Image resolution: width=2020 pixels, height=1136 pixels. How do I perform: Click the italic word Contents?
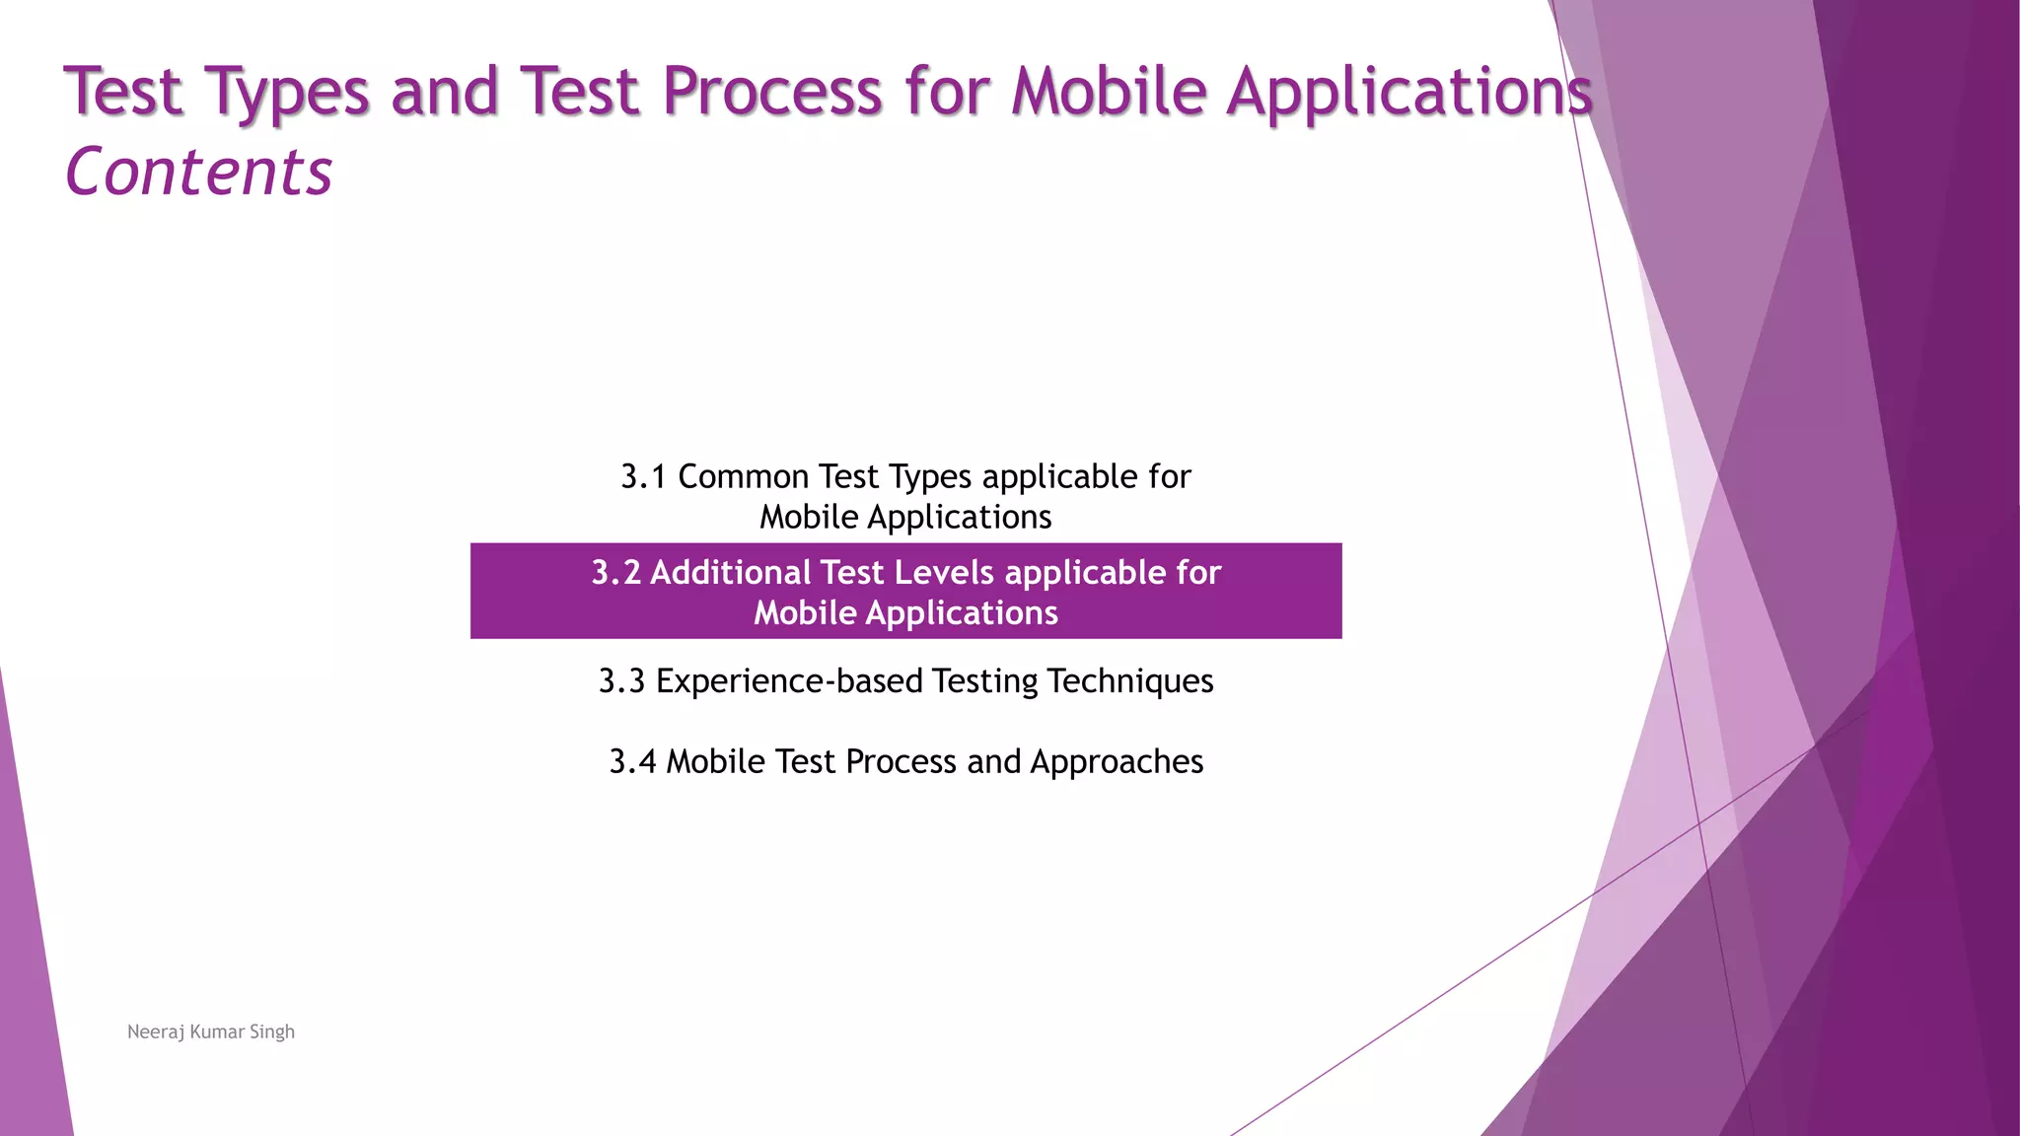[x=198, y=173]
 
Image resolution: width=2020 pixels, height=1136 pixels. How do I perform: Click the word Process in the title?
[x=771, y=92]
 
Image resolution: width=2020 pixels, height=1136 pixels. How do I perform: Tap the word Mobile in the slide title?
[x=1109, y=92]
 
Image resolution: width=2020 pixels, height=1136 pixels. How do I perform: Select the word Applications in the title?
[x=1408, y=92]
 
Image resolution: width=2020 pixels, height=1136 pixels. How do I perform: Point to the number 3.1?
[x=643, y=477]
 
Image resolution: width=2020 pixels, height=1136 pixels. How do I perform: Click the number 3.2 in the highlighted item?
[x=615, y=573]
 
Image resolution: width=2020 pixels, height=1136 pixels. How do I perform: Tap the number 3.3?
[x=621, y=681]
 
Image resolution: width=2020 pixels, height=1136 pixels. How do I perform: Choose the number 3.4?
[x=632, y=762]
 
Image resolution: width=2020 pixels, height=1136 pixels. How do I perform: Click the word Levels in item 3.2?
[x=938, y=573]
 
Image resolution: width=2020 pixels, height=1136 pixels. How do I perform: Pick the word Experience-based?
[x=789, y=681]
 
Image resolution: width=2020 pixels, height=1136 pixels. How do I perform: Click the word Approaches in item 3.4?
[x=1117, y=762]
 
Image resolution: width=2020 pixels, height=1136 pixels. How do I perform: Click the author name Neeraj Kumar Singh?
[x=211, y=1031]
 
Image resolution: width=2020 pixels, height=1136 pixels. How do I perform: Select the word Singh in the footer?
[x=272, y=1031]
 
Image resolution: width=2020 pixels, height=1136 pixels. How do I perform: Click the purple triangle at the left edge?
[x=30, y=986]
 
